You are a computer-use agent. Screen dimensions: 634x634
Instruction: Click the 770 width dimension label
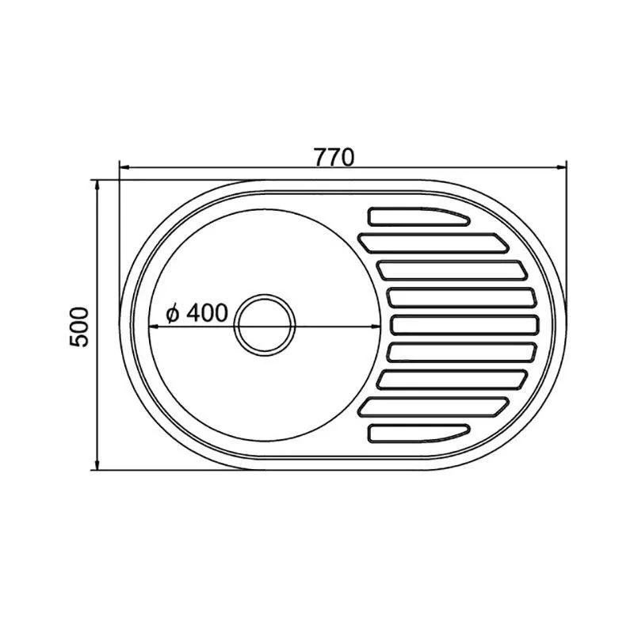point(334,157)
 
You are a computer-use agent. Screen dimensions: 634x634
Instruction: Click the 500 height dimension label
point(78,327)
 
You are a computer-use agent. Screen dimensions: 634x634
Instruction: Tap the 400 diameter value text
point(208,312)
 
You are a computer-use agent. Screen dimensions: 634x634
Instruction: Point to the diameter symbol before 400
point(173,313)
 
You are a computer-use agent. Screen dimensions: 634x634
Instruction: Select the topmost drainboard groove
point(418,216)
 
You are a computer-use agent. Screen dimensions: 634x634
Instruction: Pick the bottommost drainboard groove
point(418,433)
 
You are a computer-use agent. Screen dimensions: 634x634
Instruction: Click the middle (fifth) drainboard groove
point(465,325)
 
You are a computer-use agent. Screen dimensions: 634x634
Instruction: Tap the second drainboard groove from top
point(433,243)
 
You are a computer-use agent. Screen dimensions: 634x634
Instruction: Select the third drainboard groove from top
point(452,270)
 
